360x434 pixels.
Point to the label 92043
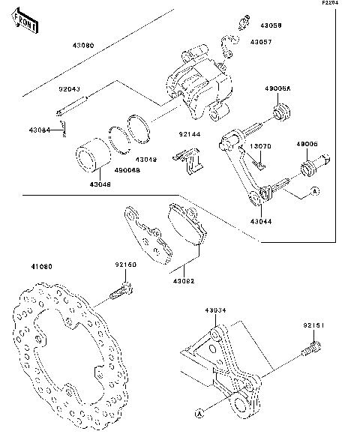click(70, 88)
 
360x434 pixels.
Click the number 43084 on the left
click(38, 130)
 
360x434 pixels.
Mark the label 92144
click(189, 134)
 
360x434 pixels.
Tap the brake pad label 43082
click(184, 281)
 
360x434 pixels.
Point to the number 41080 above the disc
click(42, 267)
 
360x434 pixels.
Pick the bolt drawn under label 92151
click(312, 349)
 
